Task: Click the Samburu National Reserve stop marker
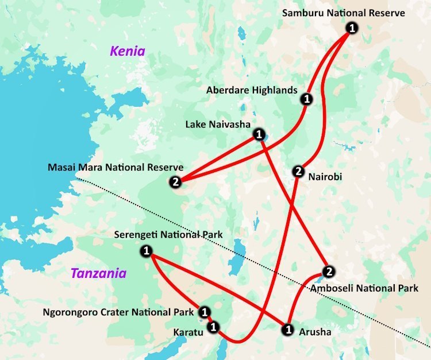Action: coord(352,28)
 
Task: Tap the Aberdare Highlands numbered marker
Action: coord(306,99)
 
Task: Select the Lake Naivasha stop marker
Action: coord(259,135)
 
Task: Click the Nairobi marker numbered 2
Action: coord(298,171)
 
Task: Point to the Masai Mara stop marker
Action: coord(175,182)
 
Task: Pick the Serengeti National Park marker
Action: coord(146,250)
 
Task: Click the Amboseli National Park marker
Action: coord(328,272)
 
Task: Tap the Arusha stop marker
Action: coord(287,330)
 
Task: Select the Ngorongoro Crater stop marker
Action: coord(204,312)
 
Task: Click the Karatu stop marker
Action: coord(213,327)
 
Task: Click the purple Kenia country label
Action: coord(128,52)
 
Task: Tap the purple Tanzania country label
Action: coord(98,273)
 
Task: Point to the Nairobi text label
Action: coord(325,177)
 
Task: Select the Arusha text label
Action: coord(315,332)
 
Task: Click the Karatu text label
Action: coord(188,332)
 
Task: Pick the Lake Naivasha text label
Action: coord(216,124)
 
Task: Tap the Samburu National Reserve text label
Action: coord(344,13)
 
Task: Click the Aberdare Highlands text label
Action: coord(252,90)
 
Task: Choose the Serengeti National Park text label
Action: coord(168,235)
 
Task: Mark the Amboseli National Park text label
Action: coord(364,288)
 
